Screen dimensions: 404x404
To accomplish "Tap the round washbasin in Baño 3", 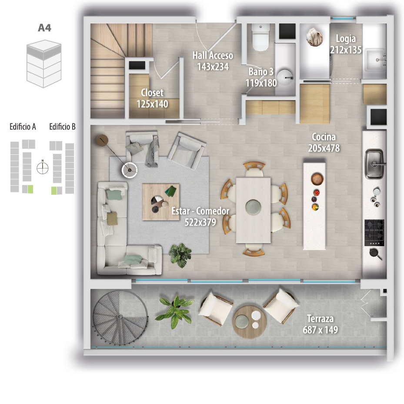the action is (285, 77).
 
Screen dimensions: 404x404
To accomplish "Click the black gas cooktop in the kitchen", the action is (374, 233).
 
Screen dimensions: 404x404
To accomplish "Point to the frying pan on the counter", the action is (375, 254).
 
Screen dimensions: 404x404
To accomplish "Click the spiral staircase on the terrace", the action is (120, 317).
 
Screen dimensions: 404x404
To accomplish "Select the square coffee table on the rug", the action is (161, 202).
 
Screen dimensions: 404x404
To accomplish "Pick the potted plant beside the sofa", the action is (180, 255).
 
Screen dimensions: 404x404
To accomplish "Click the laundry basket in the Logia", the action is (314, 37).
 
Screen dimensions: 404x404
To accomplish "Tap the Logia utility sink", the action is (375, 60).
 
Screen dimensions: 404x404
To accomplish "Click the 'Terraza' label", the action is (320, 319).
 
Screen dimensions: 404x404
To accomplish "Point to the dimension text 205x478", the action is (324, 148).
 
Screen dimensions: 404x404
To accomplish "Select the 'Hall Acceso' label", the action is (213, 55).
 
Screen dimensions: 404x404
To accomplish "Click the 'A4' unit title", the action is (44, 27).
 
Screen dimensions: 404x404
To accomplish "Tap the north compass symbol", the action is (43, 168).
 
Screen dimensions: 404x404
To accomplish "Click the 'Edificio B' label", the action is (62, 127).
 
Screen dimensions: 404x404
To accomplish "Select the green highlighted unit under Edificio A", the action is (30, 189).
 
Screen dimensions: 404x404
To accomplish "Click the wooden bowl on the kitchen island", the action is (317, 179).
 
